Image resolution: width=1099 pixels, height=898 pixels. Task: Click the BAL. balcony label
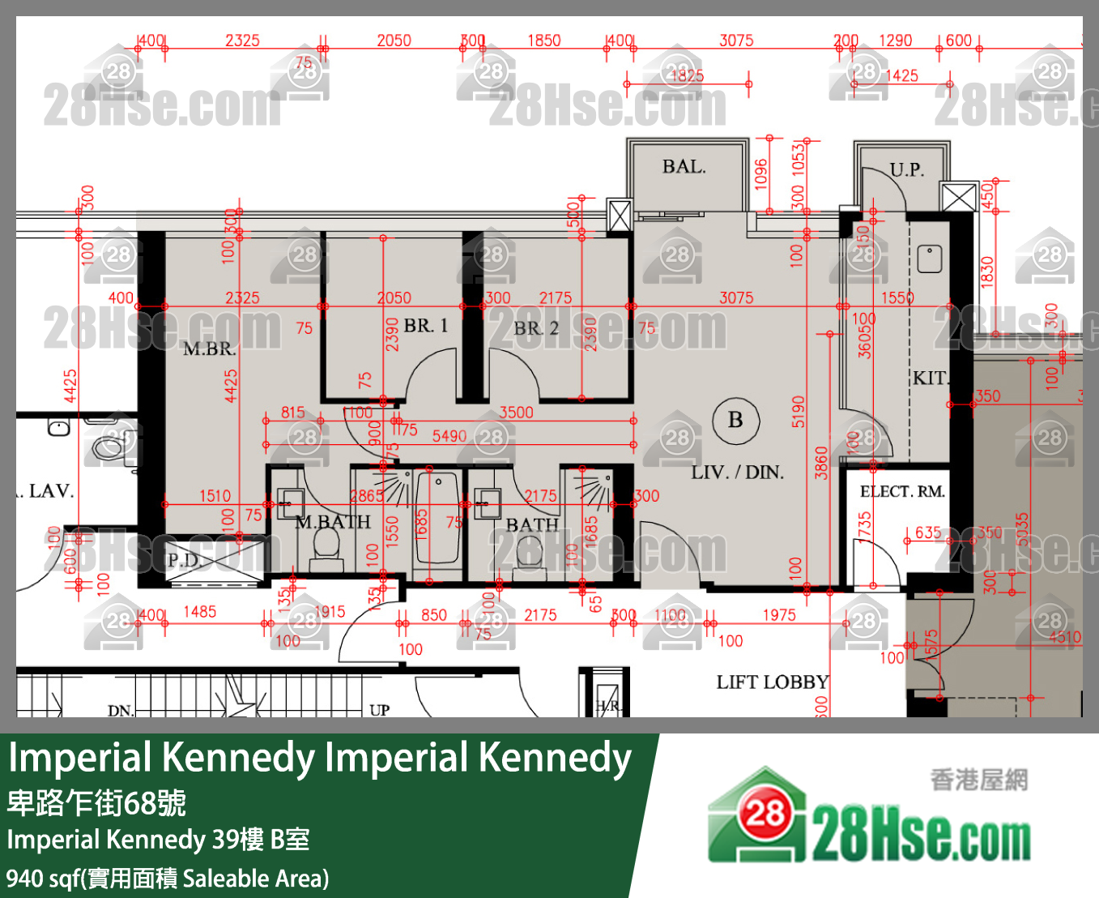684,167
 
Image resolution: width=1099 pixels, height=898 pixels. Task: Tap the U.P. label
906,170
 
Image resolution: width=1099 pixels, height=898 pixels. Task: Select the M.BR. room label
209,349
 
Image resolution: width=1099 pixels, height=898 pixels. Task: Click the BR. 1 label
425,326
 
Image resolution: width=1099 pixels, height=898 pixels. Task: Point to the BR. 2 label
536,328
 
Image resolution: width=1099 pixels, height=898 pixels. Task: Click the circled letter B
735,420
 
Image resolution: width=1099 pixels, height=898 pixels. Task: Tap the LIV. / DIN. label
737,473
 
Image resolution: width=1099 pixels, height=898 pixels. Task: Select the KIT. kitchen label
930,378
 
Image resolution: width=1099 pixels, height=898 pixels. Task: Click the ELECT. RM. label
902,492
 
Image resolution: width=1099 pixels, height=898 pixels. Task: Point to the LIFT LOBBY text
772,682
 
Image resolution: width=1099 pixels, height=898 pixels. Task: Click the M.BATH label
333,523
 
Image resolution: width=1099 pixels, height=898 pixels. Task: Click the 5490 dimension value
449,437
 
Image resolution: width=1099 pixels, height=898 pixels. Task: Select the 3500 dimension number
516,413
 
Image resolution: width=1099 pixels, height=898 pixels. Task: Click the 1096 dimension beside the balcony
760,174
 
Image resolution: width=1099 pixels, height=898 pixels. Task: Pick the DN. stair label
121,711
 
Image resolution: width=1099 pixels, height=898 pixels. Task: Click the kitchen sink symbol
930,259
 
